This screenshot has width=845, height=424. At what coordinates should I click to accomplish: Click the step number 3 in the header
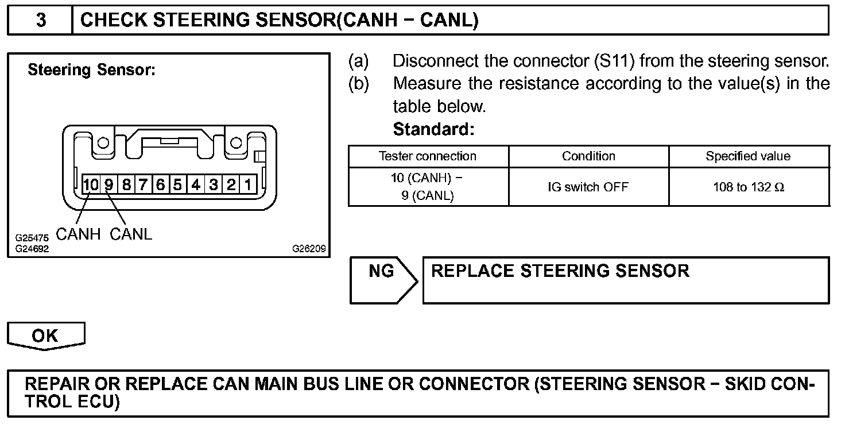coord(41,20)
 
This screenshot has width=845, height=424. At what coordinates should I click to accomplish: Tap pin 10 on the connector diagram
coord(91,185)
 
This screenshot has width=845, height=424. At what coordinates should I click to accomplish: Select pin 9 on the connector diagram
coord(108,185)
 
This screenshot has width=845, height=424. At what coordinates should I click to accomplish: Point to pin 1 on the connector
coord(248,185)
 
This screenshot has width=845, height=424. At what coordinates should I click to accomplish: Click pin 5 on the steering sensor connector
coord(178,185)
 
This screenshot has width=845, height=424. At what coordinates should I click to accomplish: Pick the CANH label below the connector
coord(78,234)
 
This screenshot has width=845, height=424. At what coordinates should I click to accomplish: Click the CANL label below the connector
coord(131,234)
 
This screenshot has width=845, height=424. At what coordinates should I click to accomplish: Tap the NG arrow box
coord(382,279)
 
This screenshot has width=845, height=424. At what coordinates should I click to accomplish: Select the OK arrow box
coord(45,336)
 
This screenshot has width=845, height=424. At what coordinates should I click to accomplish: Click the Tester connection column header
coord(428,156)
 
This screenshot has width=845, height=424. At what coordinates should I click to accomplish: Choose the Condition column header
coord(588,156)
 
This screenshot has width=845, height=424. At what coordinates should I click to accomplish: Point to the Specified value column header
coord(748,156)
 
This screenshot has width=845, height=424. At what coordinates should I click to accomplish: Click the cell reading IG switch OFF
coord(588,187)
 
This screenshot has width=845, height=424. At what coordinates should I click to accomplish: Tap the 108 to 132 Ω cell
coord(748,187)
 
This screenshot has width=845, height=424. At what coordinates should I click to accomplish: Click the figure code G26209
coord(309,249)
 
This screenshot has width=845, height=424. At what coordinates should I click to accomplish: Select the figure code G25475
coord(32,237)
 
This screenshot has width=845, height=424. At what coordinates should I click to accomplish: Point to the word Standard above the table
coord(433,130)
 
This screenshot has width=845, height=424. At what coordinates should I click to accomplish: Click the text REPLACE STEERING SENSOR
coord(560,271)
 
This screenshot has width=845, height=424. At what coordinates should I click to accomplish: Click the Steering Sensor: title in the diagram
coord(91,71)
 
